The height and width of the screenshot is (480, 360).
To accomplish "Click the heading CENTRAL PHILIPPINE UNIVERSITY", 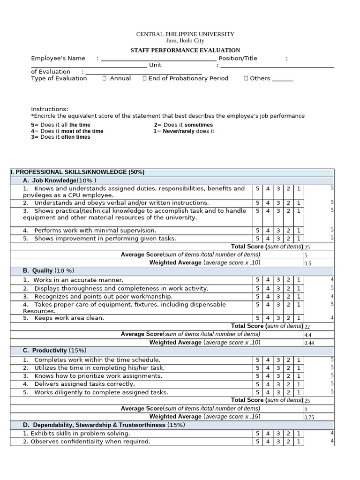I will [185, 34].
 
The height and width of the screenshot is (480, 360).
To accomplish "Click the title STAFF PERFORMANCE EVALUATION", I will [185, 50].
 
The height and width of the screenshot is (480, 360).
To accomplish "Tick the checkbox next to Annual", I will [105, 78].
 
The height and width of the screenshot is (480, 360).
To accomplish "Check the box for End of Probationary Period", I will [145, 78].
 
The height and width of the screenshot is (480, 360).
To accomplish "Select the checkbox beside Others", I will [246, 78].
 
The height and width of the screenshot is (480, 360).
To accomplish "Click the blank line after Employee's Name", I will [158, 59].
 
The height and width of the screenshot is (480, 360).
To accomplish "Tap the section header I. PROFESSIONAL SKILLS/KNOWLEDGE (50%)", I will [77, 172].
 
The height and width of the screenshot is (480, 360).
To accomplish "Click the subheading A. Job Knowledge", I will [60, 180].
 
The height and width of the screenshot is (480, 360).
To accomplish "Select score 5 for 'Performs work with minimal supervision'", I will [257, 231].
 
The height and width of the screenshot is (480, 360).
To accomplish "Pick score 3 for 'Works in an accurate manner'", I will [278, 280].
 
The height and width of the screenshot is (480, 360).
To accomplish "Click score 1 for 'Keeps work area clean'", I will [299, 318].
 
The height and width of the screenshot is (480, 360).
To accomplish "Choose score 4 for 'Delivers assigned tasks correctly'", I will [268, 384].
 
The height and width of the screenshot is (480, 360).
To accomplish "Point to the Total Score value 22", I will [307, 327].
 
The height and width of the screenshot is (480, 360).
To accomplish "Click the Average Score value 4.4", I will [308, 335].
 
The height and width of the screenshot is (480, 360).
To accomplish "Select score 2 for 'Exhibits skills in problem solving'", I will [288, 434].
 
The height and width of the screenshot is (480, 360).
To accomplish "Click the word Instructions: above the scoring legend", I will [50, 109].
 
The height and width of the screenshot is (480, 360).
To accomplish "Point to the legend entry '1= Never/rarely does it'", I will [184, 131].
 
